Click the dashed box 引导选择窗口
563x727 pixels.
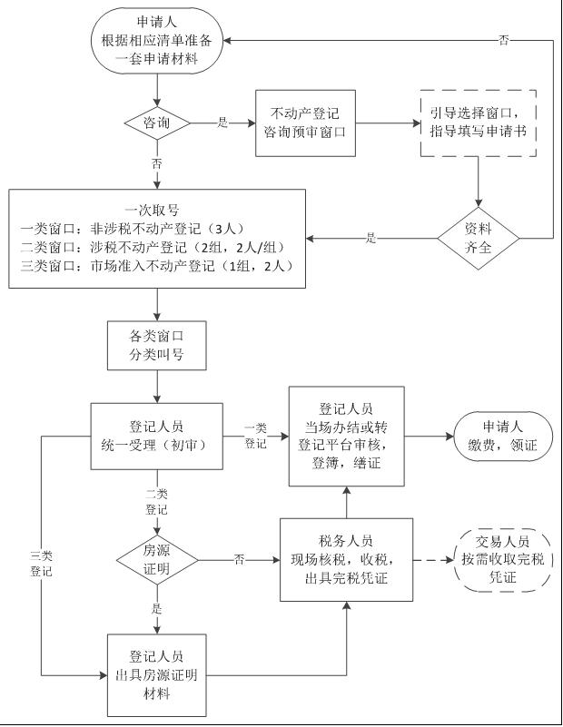pyautogui.click(x=478, y=123)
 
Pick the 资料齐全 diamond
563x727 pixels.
pyautogui.click(x=478, y=239)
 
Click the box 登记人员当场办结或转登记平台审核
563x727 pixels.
pyautogui.click(x=347, y=436)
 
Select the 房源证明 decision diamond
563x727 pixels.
pyautogui.click(x=157, y=558)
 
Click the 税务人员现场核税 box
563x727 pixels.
pyautogui.click(x=347, y=559)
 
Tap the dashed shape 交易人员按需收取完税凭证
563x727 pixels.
pyautogui.click(x=502, y=559)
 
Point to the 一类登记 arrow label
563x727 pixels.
pyautogui.click(x=255, y=436)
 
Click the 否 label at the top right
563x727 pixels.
pyautogui.click(x=504, y=41)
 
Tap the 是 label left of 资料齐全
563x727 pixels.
pyautogui.click(x=370, y=238)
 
